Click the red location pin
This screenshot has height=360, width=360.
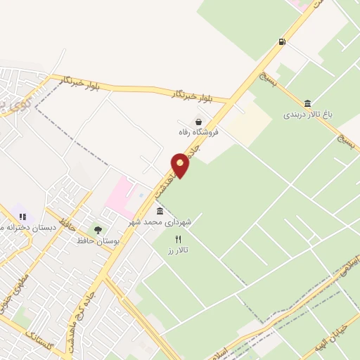tap(181, 165)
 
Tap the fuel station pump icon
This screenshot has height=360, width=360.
tap(282, 41)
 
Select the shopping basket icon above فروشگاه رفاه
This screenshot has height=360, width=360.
tap(200, 122)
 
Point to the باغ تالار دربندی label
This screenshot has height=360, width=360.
tap(307, 114)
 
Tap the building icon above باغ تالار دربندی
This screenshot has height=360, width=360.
tap(307, 103)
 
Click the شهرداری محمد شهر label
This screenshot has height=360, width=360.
tap(160, 221)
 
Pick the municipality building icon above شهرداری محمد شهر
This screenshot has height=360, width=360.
tap(160, 211)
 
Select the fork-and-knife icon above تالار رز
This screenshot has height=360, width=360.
tap(178, 240)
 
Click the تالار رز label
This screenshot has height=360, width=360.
tap(179, 250)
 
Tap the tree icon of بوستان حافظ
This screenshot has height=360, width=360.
tap(98, 230)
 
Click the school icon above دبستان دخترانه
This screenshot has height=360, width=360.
tap(22, 217)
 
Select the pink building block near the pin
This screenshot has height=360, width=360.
tap(120, 193)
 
